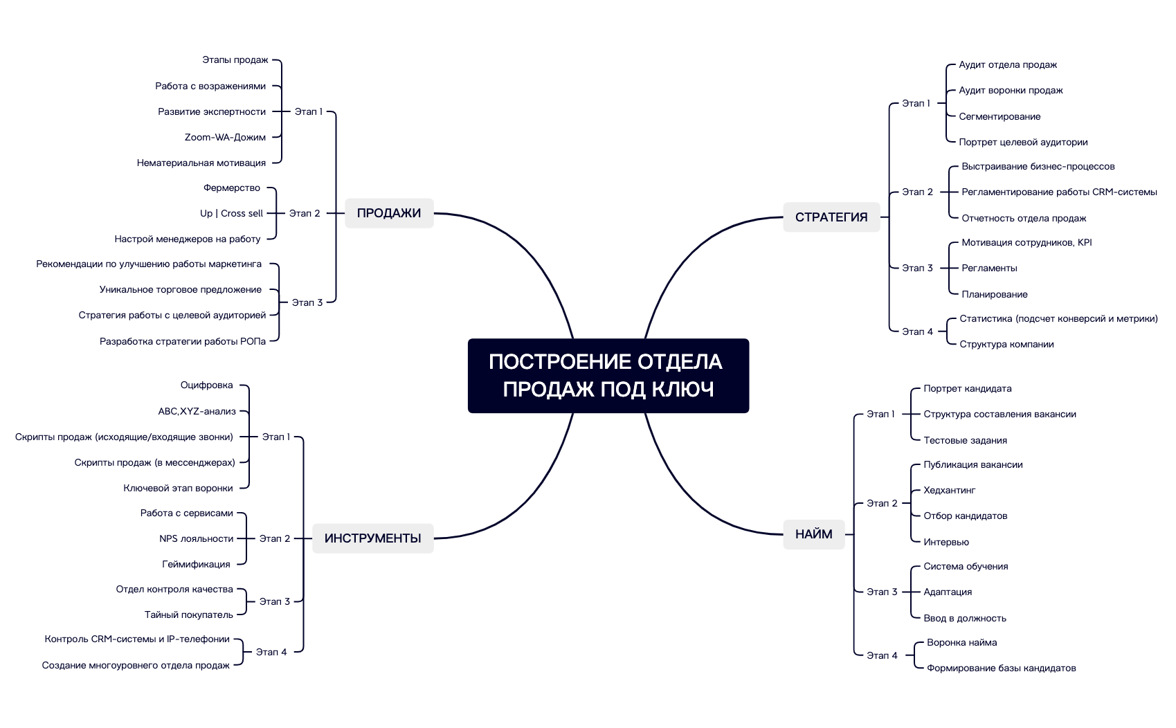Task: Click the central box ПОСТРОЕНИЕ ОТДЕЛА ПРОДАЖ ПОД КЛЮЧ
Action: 608,376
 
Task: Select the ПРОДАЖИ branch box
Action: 389,213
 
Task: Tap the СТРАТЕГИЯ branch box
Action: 831,217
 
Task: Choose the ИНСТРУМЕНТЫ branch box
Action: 372,538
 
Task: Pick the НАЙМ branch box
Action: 813,534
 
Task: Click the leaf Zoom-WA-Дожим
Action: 225,137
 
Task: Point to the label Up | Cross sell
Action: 231,213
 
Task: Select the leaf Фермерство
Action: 232,188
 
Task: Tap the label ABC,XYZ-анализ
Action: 197,411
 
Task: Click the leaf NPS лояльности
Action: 196,538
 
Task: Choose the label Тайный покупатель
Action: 188,615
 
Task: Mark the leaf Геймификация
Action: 196,564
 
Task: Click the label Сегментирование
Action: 999,116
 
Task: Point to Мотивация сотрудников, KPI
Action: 1026,242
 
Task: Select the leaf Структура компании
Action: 1006,344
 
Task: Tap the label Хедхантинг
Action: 949,490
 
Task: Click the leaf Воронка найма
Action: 961,642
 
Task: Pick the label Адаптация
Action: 948,592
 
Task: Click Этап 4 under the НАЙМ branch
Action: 882,655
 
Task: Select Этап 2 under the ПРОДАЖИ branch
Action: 305,213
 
